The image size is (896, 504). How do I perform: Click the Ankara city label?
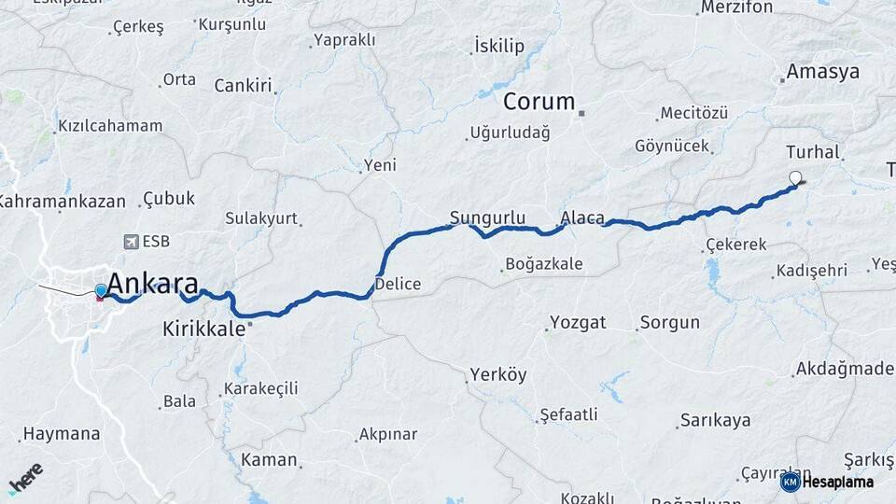[152, 283]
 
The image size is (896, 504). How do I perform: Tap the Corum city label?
[539, 102]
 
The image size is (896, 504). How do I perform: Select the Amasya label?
[822, 72]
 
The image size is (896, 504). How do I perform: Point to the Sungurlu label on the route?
[487, 218]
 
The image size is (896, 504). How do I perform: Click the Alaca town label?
[582, 218]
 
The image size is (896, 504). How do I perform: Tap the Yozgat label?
[578, 323]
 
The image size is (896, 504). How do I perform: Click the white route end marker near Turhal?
[795, 177]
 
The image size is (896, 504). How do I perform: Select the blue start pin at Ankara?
[101, 291]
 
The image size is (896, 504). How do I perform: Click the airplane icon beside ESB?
[129, 242]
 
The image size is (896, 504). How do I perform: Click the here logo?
[25, 478]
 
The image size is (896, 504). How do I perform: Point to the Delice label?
[398, 284]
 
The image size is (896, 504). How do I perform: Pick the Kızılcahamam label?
[110, 125]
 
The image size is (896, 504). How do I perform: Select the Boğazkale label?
[543, 264]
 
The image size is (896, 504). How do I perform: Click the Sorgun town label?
[669, 323]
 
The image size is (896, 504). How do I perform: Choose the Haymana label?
[61, 434]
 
